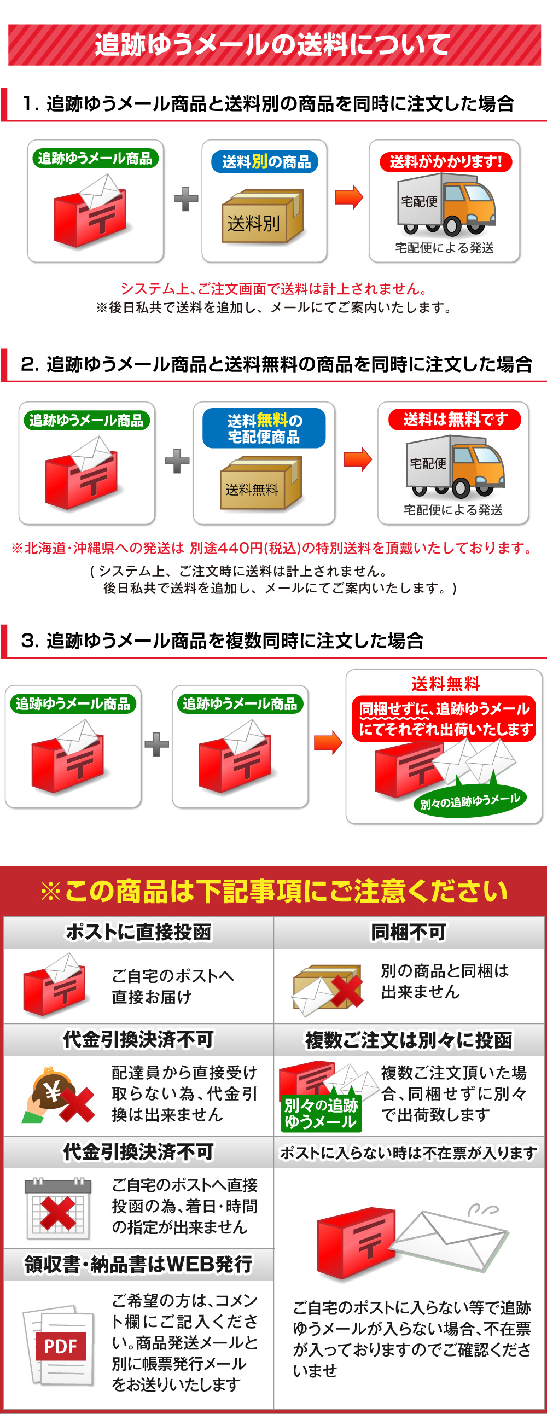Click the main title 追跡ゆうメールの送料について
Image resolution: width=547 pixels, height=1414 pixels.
tap(272, 44)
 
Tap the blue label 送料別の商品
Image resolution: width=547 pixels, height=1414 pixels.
tap(265, 162)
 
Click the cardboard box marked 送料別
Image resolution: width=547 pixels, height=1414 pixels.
tap(263, 217)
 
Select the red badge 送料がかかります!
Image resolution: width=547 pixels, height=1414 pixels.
tap(445, 162)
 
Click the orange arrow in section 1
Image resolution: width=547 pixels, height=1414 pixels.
tap(349, 197)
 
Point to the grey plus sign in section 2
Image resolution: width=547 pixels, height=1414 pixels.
tap(177, 461)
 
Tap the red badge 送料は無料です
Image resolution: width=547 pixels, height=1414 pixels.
tap(454, 420)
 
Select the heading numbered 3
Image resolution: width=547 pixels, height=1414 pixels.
tap(222, 641)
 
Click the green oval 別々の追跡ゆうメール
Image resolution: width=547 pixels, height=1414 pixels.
tap(469, 802)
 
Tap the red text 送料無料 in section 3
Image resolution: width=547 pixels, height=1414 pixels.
tap(445, 684)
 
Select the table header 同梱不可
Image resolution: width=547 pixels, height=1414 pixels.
tap(409, 932)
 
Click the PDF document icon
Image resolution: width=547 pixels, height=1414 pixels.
tap(58, 1346)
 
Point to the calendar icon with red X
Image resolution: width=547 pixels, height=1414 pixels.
tap(57, 1208)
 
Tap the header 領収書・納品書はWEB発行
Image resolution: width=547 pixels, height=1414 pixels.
tap(138, 1264)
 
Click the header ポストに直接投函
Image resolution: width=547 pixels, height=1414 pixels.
tap(138, 932)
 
